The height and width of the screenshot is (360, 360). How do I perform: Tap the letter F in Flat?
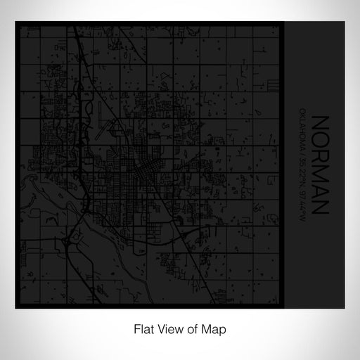click(x=131, y=328)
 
